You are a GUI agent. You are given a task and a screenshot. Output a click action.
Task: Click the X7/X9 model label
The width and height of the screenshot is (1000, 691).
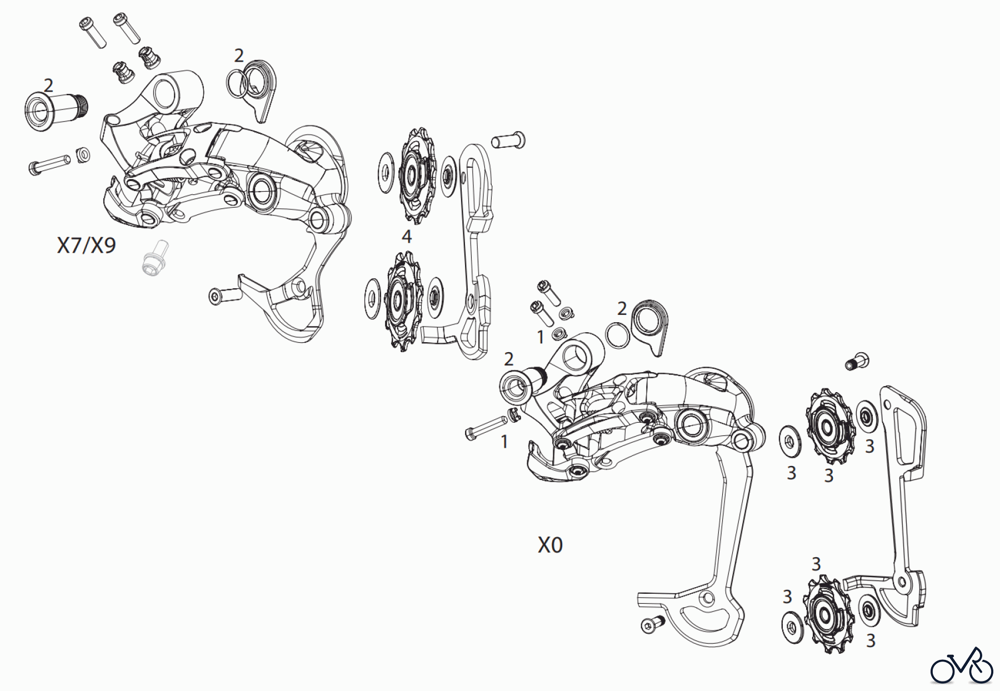coord(86,245)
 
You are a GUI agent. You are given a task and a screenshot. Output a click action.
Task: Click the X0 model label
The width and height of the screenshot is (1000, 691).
coord(550,545)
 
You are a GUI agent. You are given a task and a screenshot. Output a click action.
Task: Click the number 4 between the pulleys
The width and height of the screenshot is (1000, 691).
coord(407,237)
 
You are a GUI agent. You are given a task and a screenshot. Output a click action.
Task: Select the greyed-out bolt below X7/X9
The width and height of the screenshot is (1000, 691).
coord(154,258)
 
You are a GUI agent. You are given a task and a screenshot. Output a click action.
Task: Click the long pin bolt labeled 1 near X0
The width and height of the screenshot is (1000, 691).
coord(484,429)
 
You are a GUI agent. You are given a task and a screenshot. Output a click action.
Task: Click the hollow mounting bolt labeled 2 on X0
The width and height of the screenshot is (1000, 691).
coord(522,384)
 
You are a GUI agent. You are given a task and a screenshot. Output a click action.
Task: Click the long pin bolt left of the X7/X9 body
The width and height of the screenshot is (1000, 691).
coord(49,164)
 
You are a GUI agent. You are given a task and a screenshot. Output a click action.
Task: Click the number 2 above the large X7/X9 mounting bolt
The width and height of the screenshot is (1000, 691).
coord(48,86)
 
